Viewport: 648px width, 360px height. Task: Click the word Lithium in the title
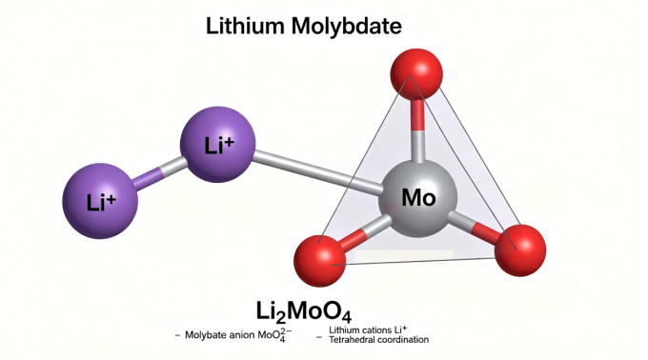pos(245,26)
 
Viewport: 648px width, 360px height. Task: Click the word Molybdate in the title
pos(346,28)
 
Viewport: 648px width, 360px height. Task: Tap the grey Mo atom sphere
pos(417,199)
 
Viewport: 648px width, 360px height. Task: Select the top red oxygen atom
pos(416,74)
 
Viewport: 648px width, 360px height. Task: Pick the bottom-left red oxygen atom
pos(319,261)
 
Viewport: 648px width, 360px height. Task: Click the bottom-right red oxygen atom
pos(520,250)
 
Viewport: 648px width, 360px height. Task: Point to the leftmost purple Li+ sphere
pos(100,201)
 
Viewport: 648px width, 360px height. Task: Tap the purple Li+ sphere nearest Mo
pos(218,145)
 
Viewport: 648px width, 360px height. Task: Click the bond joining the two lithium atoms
pos(159,173)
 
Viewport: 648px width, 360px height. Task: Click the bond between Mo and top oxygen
pos(417,130)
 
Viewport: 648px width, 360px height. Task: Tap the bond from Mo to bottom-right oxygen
pos(474,226)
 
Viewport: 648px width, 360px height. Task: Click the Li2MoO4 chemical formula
pos(304,312)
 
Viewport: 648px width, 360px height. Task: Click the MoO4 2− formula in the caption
pos(274,335)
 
